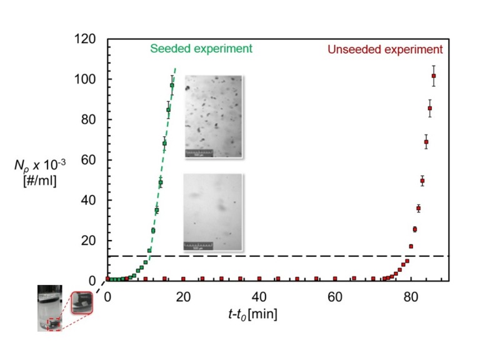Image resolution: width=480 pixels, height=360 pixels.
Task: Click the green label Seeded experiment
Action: click(x=201, y=49)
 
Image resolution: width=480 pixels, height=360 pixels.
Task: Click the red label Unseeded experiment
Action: click(x=386, y=49)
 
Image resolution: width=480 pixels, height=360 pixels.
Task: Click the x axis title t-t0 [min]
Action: click(x=252, y=312)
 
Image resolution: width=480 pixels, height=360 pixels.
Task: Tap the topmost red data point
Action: click(x=434, y=76)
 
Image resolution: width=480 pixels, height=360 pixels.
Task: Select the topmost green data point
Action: click(x=172, y=86)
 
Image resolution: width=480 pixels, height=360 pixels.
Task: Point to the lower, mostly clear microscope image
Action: click(x=213, y=212)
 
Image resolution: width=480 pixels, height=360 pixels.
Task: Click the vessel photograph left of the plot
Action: click(x=49, y=308)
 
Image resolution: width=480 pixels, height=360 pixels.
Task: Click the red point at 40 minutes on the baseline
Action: click(x=259, y=279)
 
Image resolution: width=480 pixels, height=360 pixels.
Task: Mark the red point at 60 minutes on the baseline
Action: click(x=335, y=279)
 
